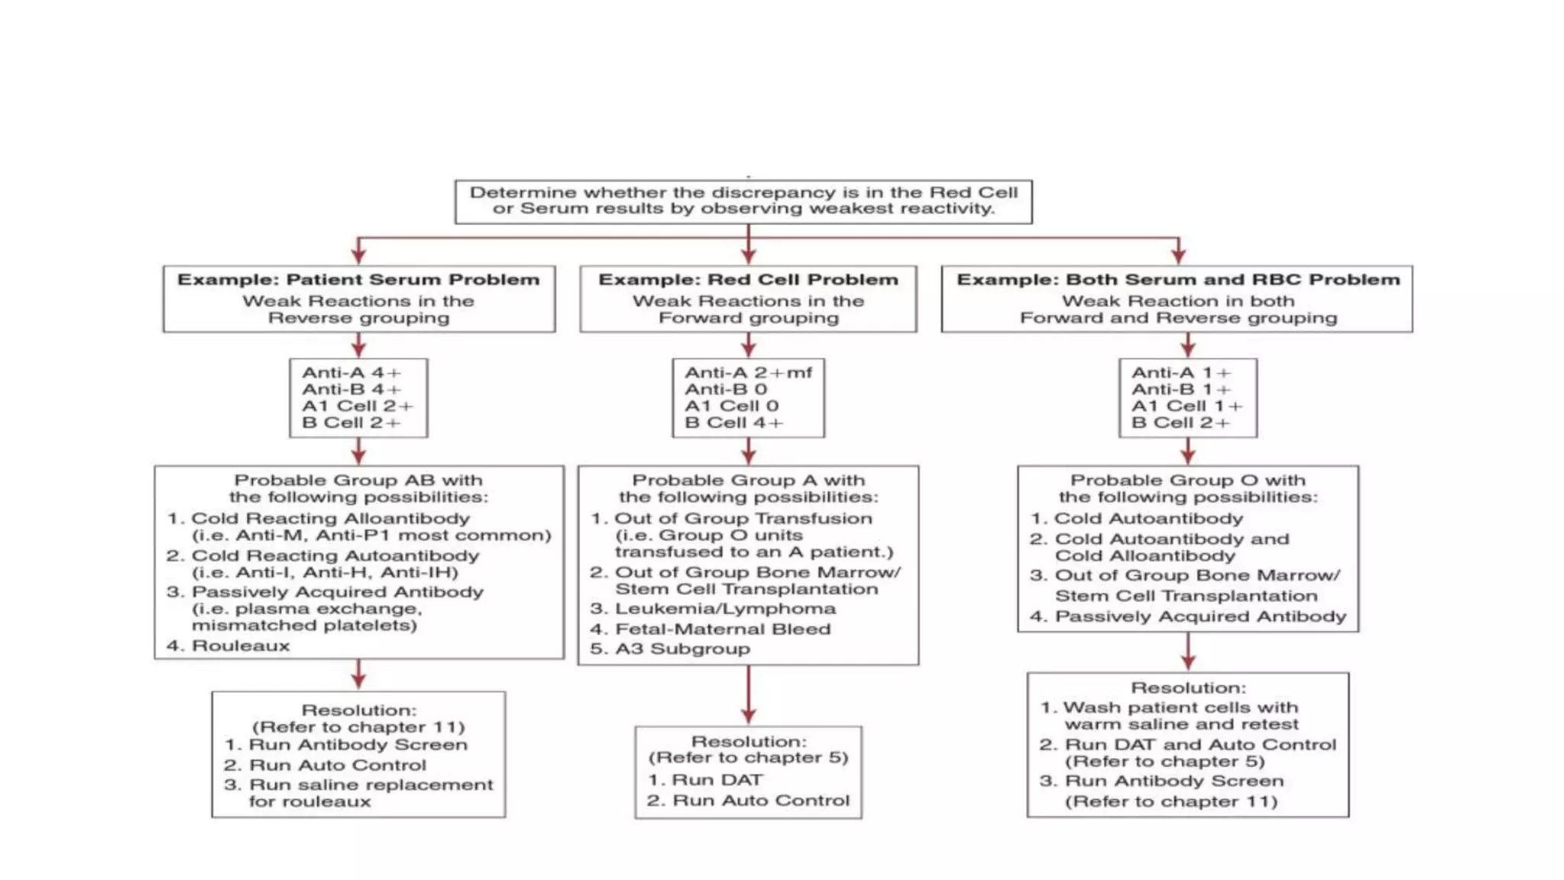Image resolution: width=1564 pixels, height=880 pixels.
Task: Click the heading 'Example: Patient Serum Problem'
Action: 358,280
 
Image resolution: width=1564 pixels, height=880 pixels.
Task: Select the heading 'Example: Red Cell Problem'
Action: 748,280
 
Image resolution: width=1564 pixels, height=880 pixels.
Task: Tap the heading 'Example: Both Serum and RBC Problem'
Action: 1178,280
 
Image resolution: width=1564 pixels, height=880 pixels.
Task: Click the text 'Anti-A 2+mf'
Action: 748,373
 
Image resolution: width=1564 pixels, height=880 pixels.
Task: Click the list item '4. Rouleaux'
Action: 228,645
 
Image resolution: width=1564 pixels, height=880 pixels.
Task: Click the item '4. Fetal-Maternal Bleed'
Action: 710,629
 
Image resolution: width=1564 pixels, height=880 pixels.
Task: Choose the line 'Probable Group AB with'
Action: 358,480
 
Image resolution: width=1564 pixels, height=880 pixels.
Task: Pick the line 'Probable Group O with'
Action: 1188,480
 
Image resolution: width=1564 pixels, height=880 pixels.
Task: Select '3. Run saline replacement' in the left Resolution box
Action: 358,785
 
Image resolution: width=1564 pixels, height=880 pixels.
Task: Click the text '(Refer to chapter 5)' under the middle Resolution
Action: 748,758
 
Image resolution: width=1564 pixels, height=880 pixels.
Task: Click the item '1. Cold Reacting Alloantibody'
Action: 318,519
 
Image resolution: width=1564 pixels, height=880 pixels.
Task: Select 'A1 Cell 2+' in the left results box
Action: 357,406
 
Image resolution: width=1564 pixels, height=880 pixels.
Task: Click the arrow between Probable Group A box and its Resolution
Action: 748,695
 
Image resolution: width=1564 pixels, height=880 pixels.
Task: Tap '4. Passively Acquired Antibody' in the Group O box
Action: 1188,616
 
